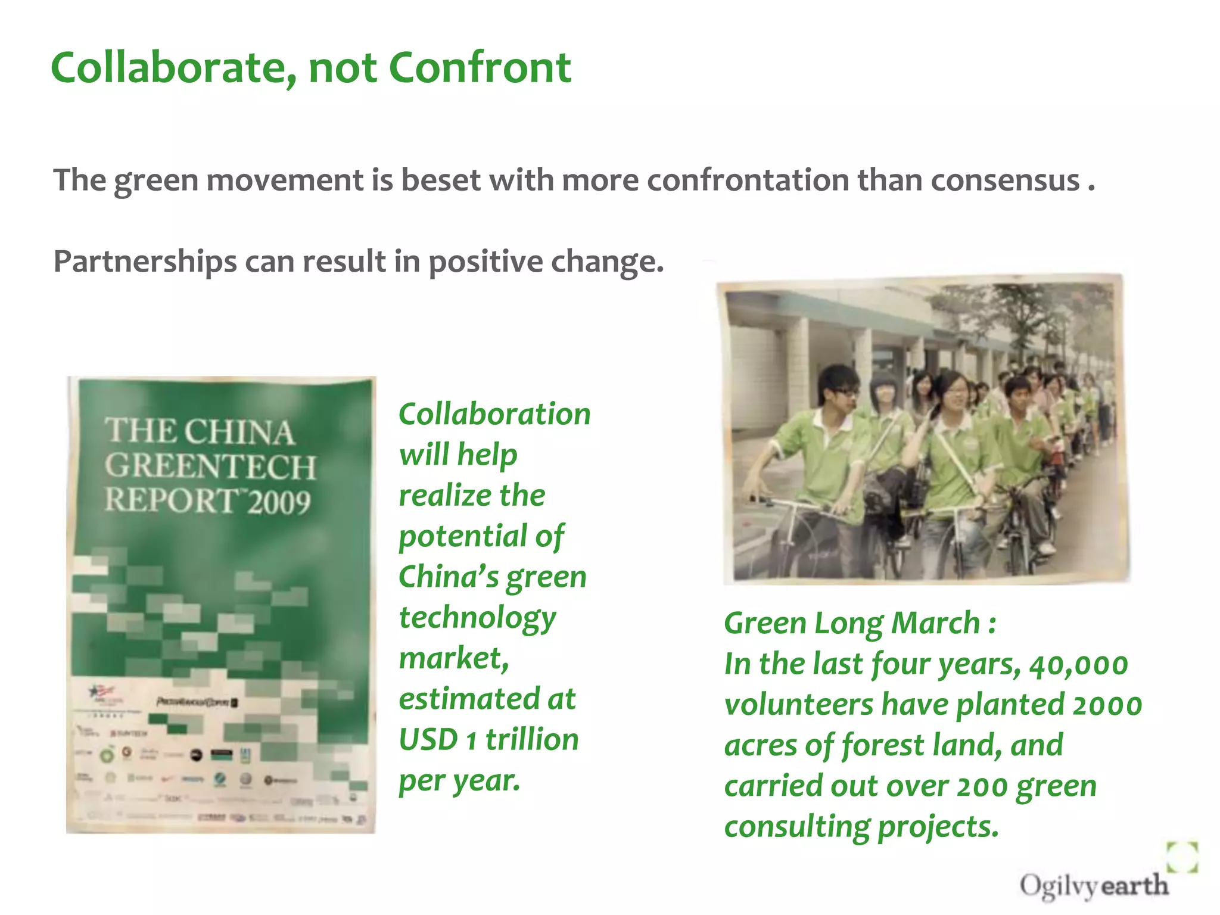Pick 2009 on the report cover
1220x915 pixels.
coord(279,502)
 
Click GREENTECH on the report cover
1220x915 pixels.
coord(210,466)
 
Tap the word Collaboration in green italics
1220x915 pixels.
coord(494,413)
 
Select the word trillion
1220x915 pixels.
coord(532,739)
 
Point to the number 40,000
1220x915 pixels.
coord(1078,664)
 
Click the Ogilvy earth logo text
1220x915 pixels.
coord(1094,885)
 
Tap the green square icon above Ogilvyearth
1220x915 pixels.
coord(1182,857)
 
